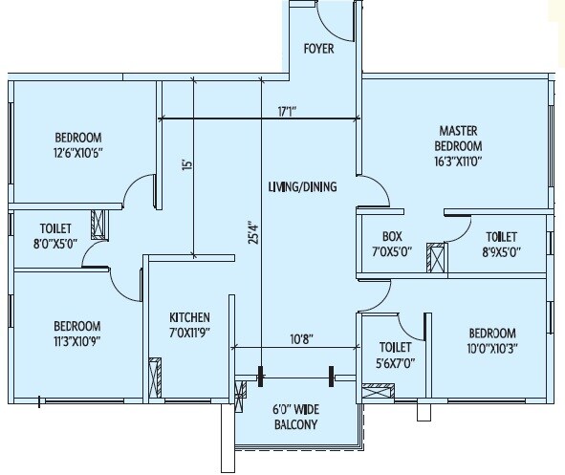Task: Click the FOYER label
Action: [318, 49]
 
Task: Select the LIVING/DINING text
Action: [302, 187]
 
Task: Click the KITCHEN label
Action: [190, 324]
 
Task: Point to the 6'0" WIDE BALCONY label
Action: [293, 418]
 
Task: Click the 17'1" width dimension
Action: [287, 111]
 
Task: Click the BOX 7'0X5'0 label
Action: [392, 245]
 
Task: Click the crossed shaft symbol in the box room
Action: [436, 259]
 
